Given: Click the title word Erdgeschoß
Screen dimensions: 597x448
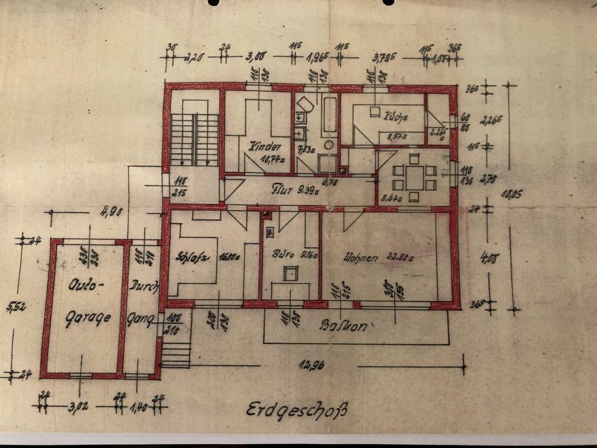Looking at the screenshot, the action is tap(296, 410).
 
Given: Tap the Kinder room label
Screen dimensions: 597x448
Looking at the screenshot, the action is tap(261, 147).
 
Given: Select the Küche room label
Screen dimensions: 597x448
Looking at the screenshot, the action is tap(396, 116).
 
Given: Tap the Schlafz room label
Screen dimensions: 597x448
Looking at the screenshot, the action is tap(190, 255).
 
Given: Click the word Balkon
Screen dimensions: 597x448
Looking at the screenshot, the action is tap(341, 325).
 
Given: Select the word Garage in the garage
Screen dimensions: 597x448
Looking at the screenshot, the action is tap(88, 317).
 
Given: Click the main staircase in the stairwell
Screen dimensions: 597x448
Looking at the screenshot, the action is tap(195, 139).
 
